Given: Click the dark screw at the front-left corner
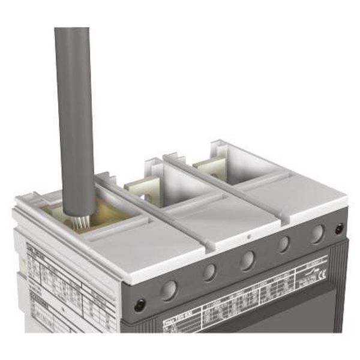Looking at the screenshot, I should [139, 305].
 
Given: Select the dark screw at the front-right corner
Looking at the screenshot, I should [340, 229].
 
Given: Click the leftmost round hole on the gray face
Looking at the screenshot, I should [169, 290].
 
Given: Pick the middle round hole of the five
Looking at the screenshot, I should [246, 260].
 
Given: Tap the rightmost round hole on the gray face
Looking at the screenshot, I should [316, 233].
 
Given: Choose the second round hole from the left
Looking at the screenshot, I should [209, 273].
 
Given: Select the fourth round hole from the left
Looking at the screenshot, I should [283, 244].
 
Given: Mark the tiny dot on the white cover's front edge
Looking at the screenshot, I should [249, 237].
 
